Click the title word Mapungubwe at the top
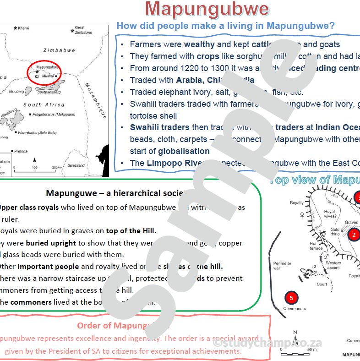[207, 9]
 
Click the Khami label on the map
[23, 28]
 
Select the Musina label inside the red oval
[48, 76]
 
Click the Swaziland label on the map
[76, 165]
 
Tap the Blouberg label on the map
[16, 91]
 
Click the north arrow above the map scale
[35, 160]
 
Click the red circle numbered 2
[354, 235]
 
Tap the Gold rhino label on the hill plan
[335, 231]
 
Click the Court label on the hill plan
[322, 284]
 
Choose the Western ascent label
[333, 265]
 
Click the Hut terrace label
[316, 246]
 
